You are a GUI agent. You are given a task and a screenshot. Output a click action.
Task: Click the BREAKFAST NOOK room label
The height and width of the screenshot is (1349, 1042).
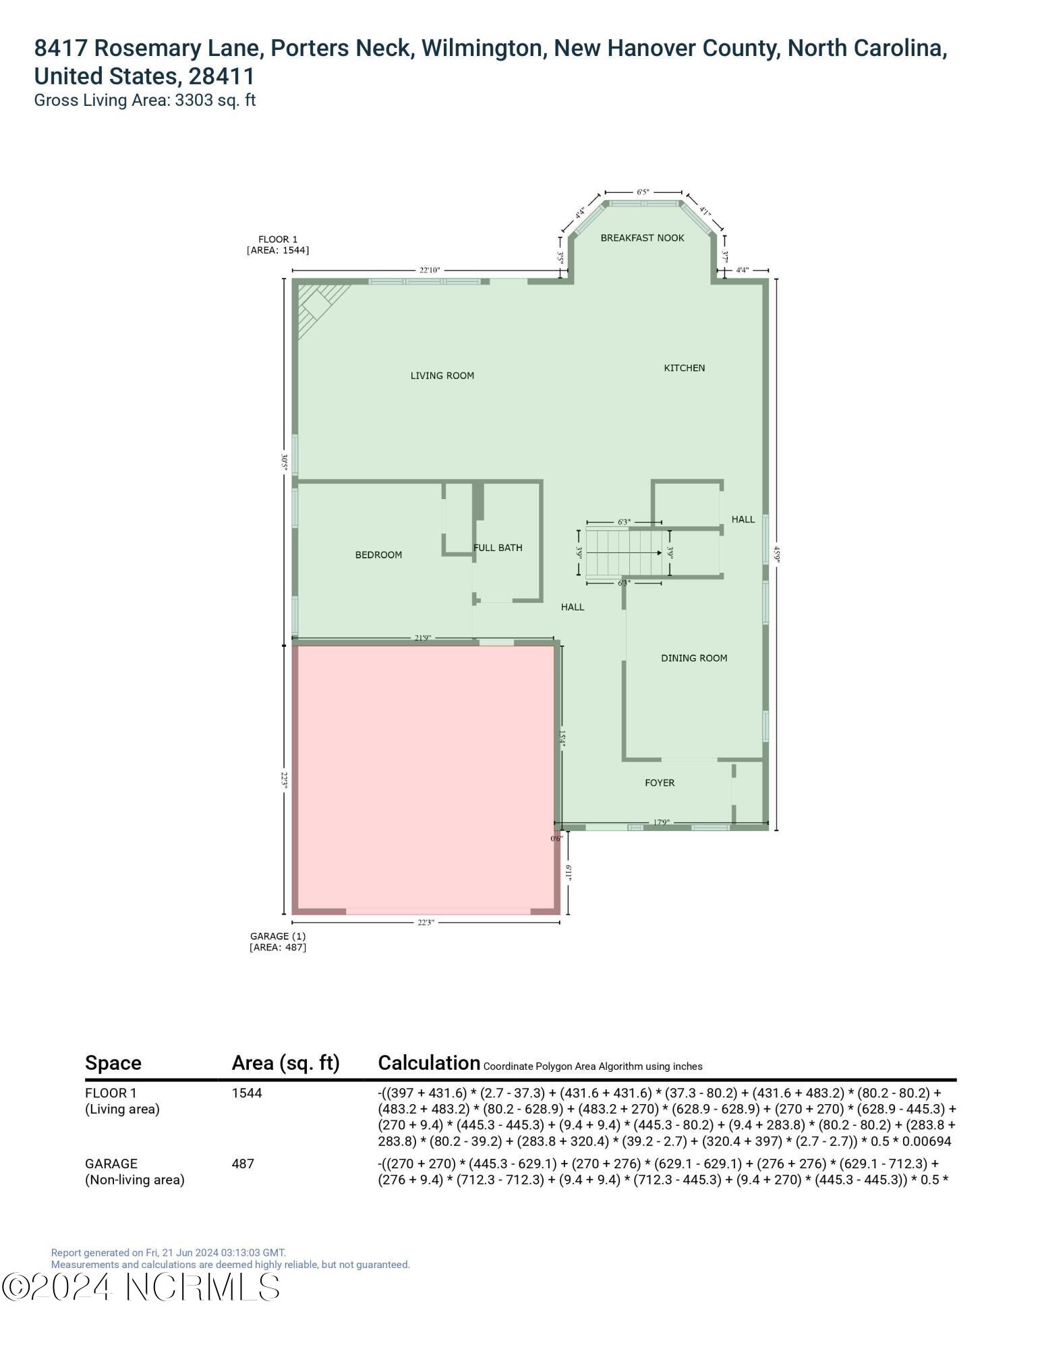pyautogui.click(x=642, y=237)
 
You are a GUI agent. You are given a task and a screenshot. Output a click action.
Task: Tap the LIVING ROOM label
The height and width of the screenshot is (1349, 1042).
pyautogui.click(x=442, y=376)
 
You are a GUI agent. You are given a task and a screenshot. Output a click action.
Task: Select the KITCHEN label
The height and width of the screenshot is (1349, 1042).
pyautogui.click(x=684, y=368)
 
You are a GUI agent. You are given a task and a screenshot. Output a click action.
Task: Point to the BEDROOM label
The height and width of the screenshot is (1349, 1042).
pyautogui.click(x=378, y=554)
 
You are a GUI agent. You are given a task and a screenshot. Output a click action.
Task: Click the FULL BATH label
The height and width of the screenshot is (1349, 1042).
pyautogui.click(x=498, y=548)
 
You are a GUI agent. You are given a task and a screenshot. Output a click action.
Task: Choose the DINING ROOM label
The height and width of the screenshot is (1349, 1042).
pyautogui.click(x=693, y=658)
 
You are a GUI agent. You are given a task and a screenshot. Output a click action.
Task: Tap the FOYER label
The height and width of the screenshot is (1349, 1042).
pyautogui.click(x=659, y=782)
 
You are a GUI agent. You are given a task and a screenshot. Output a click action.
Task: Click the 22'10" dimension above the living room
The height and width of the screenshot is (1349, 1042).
pyautogui.click(x=429, y=270)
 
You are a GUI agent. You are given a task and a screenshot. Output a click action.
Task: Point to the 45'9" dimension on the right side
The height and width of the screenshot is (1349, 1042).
pyautogui.click(x=776, y=553)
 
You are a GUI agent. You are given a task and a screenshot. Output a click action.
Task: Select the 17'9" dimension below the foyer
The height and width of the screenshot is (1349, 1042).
pyautogui.click(x=661, y=822)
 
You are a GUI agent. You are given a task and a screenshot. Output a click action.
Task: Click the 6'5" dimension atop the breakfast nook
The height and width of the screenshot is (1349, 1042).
pyautogui.click(x=642, y=192)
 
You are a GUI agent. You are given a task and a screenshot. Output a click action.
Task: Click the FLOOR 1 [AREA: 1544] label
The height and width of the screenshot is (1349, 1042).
pyautogui.click(x=277, y=244)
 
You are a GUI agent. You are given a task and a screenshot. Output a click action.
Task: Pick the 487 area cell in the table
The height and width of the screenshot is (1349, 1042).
pyautogui.click(x=243, y=1164)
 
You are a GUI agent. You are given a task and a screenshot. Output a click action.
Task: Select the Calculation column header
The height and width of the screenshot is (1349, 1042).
pyautogui.click(x=429, y=1063)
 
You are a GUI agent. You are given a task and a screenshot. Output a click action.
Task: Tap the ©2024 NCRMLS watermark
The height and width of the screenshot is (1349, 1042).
pyautogui.click(x=140, y=1287)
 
